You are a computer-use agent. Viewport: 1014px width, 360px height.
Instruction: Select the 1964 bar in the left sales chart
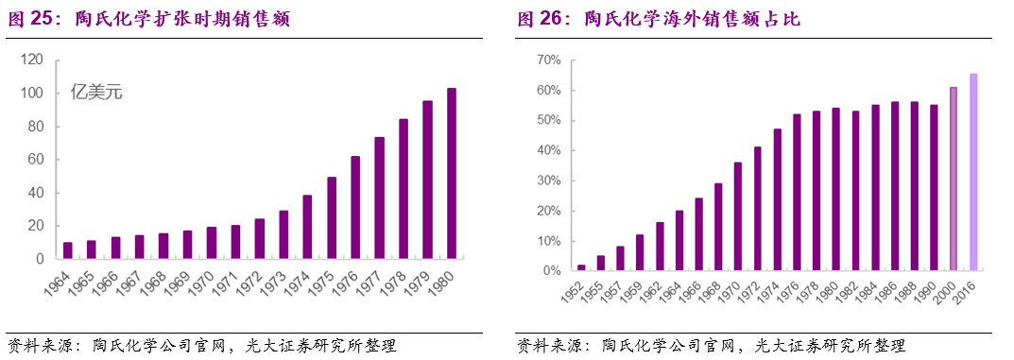[x=67, y=250]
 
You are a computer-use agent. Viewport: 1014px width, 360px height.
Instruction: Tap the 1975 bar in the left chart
[x=332, y=217]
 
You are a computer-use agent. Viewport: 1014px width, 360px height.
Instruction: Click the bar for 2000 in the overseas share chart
[x=954, y=179]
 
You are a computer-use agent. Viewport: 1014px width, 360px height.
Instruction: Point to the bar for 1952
[x=581, y=267]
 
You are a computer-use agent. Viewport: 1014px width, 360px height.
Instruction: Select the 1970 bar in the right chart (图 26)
[x=712, y=216]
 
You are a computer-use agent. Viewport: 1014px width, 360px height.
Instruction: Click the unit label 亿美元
[x=96, y=93]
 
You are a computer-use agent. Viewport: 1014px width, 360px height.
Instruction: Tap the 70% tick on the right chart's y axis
[x=548, y=60]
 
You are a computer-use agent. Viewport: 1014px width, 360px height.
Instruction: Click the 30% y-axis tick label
[x=548, y=180]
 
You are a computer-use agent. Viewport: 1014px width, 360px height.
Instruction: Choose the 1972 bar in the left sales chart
[x=259, y=238]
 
